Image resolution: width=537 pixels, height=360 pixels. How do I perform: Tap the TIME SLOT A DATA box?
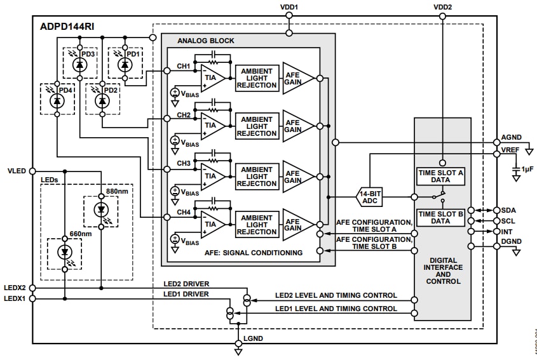pos(442,176)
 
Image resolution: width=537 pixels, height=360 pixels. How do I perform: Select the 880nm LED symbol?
pos(100,210)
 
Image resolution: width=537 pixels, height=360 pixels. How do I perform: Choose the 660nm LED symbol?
pos(65,252)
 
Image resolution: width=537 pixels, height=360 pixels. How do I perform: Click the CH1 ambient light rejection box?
pos(257,77)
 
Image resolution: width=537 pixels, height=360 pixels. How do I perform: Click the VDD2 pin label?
pos(442,7)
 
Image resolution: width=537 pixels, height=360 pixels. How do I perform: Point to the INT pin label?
pos(508,232)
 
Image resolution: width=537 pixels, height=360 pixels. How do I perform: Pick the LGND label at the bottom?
pos(253,338)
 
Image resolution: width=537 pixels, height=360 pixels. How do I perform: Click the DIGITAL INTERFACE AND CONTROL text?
pos(442,270)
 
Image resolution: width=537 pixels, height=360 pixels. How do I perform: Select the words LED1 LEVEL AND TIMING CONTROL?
pos(336,309)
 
